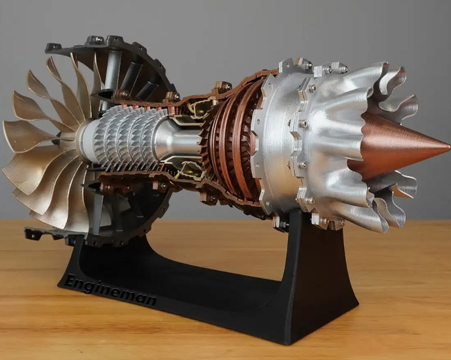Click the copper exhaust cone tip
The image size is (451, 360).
coord(449,147)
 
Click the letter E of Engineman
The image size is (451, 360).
coord(71,279)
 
